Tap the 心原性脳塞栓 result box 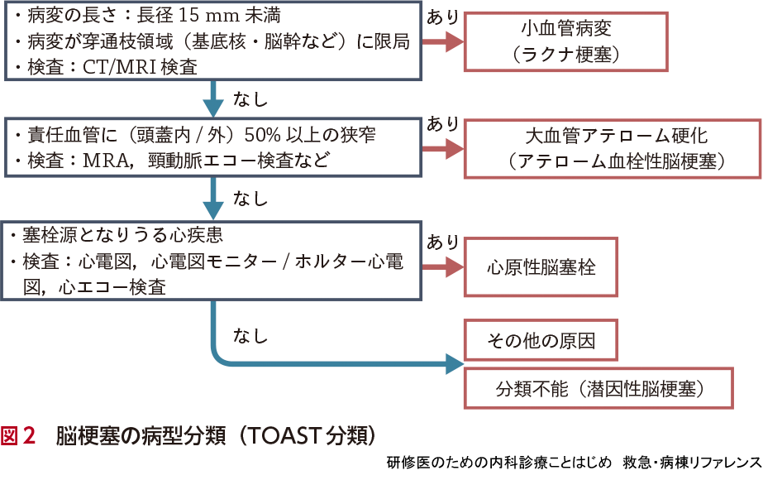click(541, 267)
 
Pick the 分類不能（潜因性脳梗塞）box click(599, 387)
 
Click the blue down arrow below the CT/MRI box click(214, 99)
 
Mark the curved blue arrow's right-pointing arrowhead click(453, 362)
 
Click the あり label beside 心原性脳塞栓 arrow click(443, 242)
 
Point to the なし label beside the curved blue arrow click(251, 336)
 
